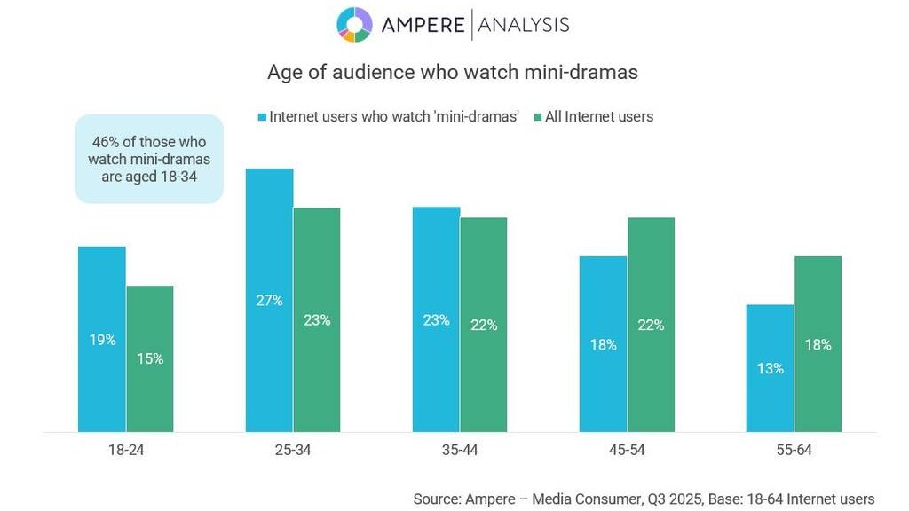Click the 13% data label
click(x=770, y=368)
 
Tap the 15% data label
click(x=149, y=359)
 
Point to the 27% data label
click(x=269, y=301)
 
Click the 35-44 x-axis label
click(x=460, y=451)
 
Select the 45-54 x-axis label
click(x=627, y=451)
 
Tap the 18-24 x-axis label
click(x=125, y=451)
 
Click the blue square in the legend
click(x=262, y=117)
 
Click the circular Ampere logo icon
click(x=354, y=25)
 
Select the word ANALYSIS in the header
click(x=524, y=25)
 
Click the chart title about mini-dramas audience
click(x=453, y=73)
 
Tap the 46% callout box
click(x=148, y=158)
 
